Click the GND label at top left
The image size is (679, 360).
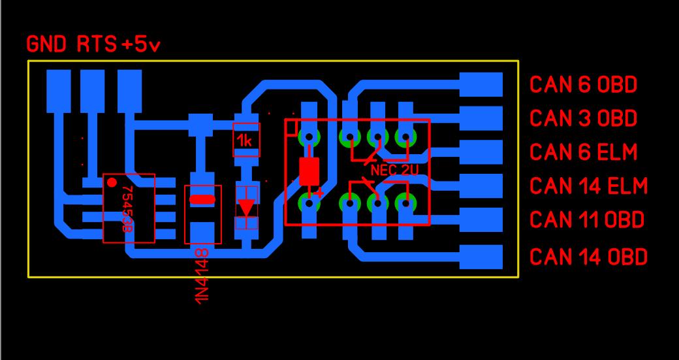click(x=46, y=44)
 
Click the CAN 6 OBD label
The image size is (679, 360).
click(x=583, y=84)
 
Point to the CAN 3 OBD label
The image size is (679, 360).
click(x=583, y=118)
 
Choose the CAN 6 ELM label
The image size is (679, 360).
click(x=583, y=152)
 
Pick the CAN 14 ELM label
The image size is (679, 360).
click(x=588, y=186)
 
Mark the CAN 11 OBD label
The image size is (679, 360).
click(x=586, y=219)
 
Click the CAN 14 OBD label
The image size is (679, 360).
click(x=588, y=256)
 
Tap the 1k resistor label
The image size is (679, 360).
click(x=245, y=140)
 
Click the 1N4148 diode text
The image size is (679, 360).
click(x=202, y=274)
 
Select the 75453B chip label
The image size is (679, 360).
click(x=128, y=208)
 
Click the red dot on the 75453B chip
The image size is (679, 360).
click(x=112, y=182)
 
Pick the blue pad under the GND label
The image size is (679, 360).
click(x=59, y=91)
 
